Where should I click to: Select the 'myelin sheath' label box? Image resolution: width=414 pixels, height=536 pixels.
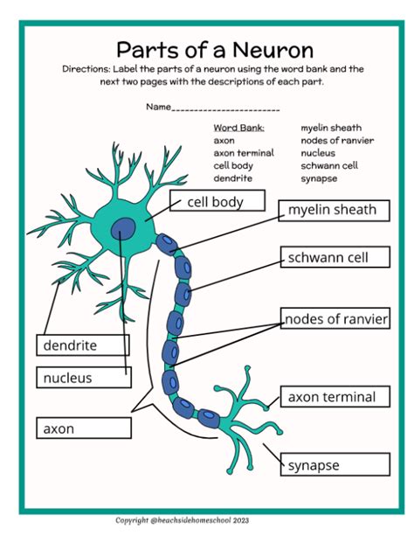[331, 210]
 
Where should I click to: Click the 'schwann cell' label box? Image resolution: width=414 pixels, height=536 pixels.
[331, 257]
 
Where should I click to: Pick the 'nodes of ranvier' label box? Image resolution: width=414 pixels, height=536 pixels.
[335, 318]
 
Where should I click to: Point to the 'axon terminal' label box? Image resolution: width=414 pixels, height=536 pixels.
[331, 397]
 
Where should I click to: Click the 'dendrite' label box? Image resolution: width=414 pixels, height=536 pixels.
[83, 345]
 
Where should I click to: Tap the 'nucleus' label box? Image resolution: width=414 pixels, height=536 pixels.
[83, 378]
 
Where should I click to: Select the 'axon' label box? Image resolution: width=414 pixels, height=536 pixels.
[83, 428]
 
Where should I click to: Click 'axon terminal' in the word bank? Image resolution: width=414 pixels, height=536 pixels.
[243, 153]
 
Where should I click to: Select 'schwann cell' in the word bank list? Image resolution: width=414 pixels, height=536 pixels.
[329, 165]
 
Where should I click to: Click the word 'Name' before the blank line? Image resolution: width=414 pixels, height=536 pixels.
[158, 108]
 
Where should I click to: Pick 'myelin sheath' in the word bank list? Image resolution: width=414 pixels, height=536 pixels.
[331, 128]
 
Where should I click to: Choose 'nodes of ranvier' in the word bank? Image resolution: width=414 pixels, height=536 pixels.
[336, 140]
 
